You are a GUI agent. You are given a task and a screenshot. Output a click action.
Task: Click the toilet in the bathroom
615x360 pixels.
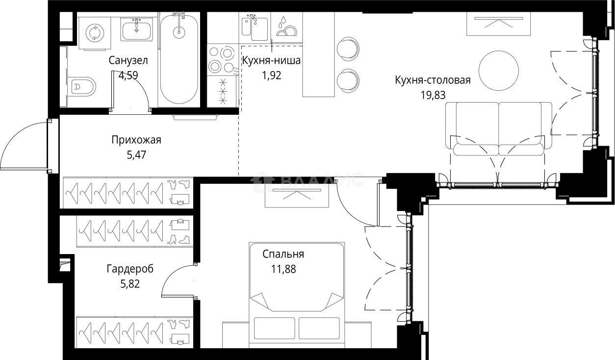click(x=83, y=87)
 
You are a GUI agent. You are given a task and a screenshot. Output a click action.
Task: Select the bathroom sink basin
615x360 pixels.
click(x=137, y=29)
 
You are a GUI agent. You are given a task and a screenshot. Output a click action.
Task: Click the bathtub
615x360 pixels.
click(x=179, y=59)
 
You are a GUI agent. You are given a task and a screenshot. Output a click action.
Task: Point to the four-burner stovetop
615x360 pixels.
click(x=222, y=59)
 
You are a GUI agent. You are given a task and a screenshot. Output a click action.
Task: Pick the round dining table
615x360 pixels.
click(x=498, y=70)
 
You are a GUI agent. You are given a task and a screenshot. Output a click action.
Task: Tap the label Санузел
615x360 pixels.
click(x=128, y=61)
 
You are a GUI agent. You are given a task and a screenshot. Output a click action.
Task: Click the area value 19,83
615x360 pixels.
click(x=433, y=95)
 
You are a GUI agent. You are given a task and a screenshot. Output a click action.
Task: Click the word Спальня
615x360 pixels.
click(x=283, y=254)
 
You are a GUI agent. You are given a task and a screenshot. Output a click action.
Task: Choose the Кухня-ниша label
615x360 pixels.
click(x=271, y=61)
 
